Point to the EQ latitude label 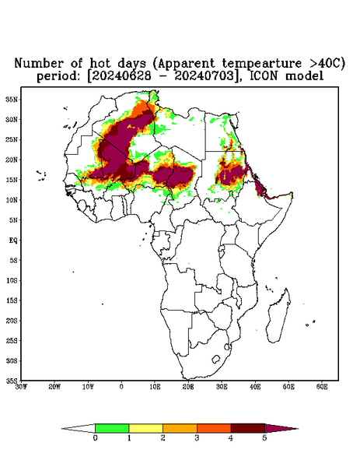(x=13, y=240)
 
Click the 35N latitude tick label (x=12, y=99)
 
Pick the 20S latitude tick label (x=12, y=321)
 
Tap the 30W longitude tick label (x=22, y=387)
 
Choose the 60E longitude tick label (x=322, y=387)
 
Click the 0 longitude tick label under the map (x=121, y=387)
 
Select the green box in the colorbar (x=112, y=428)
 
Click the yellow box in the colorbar (x=145, y=428)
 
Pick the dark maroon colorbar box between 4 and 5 (x=248, y=428)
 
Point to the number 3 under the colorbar (x=197, y=438)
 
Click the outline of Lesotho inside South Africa (x=216, y=359)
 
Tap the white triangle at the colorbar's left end (x=79, y=428)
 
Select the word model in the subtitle (x=304, y=76)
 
